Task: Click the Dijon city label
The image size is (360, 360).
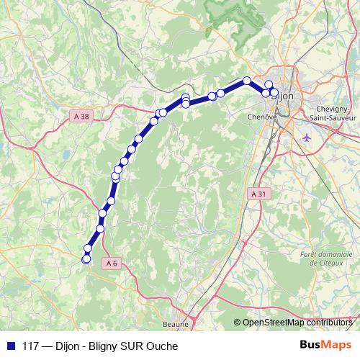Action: pyautogui.click(x=285, y=95)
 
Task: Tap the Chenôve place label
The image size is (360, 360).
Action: pyautogui.click(x=261, y=115)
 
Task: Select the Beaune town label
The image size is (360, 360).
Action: pyautogui.click(x=176, y=325)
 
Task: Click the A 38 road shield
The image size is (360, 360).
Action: pyautogui.click(x=81, y=115)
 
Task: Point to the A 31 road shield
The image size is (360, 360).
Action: pyautogui.click(x=259, y=194)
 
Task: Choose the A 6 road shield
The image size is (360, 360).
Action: pyautogui.click(x=111, y=264)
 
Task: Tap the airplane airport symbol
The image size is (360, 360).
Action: pyautogui.click(x=308, y=137)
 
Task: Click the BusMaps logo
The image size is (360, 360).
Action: pyautogui.click(x=325, y=346)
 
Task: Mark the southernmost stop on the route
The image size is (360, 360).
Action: pyautogui.click(x=86, y=258)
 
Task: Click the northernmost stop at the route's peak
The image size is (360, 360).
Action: pyautogui.click(x=247, y=81)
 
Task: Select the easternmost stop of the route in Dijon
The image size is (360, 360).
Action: pyautogui.click(x=274, y=91)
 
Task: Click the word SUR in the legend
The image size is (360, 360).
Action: pyautogui.click(x=134, y=346)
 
